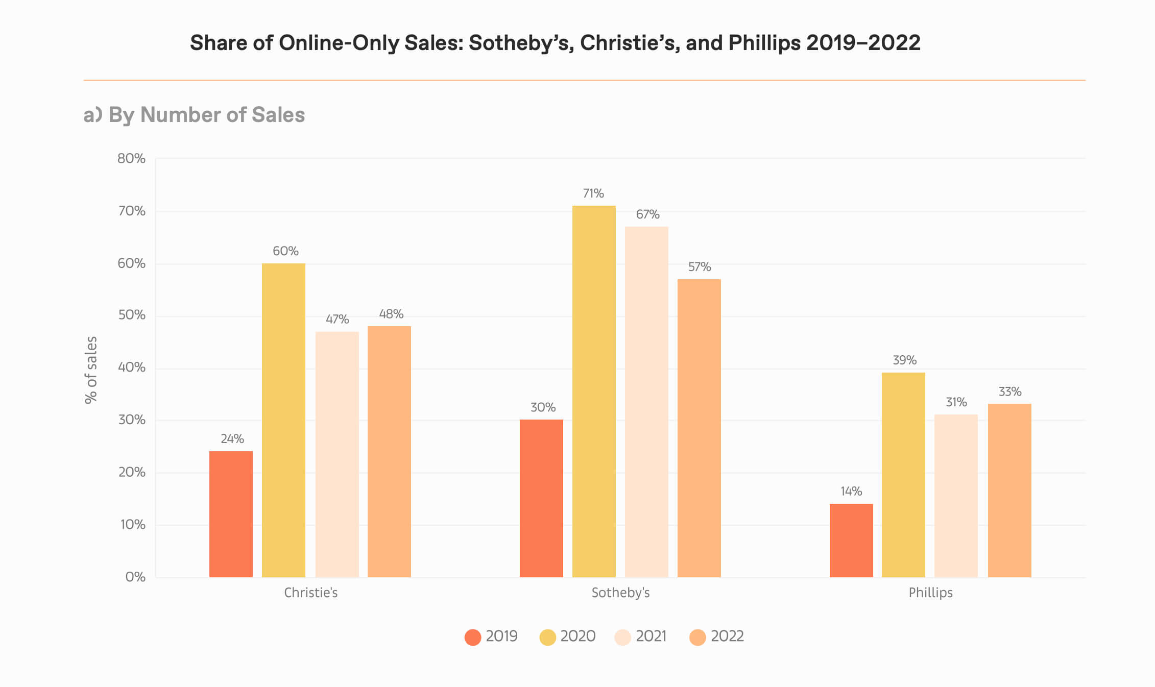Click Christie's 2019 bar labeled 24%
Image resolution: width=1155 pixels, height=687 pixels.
[x=231, y=514]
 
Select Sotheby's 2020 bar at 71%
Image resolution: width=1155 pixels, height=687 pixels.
[x=594, y=391]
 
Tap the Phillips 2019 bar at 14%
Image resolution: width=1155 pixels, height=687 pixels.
[x=851, y=541]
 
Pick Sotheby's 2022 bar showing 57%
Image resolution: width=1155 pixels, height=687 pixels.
[x=699, y=428]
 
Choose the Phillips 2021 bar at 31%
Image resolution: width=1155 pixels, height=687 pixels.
[x=956, y=496]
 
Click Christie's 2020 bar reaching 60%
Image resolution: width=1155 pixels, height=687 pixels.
[x=283, y=420]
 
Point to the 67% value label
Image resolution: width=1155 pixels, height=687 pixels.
[x=647, y=214]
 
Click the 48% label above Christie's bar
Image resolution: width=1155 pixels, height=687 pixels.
[x=391, y=314]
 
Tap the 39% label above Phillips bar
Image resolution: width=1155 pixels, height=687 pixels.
[x=904, y=360]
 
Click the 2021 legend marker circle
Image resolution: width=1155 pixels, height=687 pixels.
[x=622, y=637]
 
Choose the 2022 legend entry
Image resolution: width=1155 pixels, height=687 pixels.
[x=717, y=636]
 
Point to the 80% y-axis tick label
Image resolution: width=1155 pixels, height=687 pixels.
[x=131, y=159]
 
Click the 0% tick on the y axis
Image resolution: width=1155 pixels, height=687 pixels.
[x=135, y=577]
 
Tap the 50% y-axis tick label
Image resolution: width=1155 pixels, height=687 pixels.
[x=132, y=315]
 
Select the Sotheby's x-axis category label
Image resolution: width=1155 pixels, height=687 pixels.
[x=620, y=593]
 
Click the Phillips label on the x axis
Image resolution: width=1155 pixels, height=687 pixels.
[x=930, y=593]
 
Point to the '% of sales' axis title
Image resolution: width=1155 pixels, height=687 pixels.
[x=91, y=370]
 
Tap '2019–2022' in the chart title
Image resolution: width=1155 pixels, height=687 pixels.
[x=863, y=43]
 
